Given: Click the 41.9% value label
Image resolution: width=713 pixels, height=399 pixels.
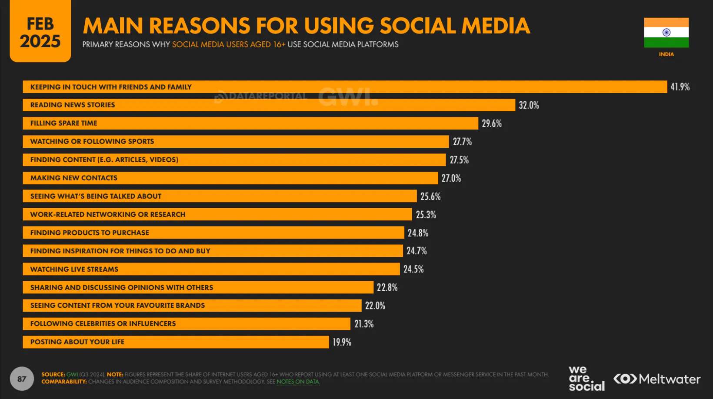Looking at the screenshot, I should (680, 87).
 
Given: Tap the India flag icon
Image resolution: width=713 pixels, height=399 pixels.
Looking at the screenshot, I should (666, 33).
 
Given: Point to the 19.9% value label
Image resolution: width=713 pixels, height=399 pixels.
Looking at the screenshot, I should (342, 342).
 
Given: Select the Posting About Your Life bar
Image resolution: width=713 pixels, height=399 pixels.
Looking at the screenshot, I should (176, 342).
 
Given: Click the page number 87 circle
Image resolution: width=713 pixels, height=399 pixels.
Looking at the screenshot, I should (22, 379).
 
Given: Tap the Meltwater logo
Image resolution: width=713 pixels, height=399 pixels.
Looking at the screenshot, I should (657, 379).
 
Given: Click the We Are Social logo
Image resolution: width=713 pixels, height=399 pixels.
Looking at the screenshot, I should (586, 378).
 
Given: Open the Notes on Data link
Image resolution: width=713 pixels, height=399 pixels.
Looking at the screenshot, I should (298, 382).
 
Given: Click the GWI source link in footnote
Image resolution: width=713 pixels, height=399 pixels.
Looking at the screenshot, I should (72, 375).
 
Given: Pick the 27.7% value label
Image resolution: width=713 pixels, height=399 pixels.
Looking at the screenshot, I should (462, 142).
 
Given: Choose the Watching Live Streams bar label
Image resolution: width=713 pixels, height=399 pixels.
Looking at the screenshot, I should (74, 269).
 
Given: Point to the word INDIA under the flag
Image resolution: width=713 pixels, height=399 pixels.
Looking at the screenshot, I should (666, 54).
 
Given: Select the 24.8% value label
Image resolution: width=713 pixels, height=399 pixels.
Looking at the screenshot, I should (418, 233).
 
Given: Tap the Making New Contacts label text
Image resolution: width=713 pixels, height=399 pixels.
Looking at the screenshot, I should (74, 178).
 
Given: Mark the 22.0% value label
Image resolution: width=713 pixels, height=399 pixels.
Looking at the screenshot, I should (375, 306).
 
